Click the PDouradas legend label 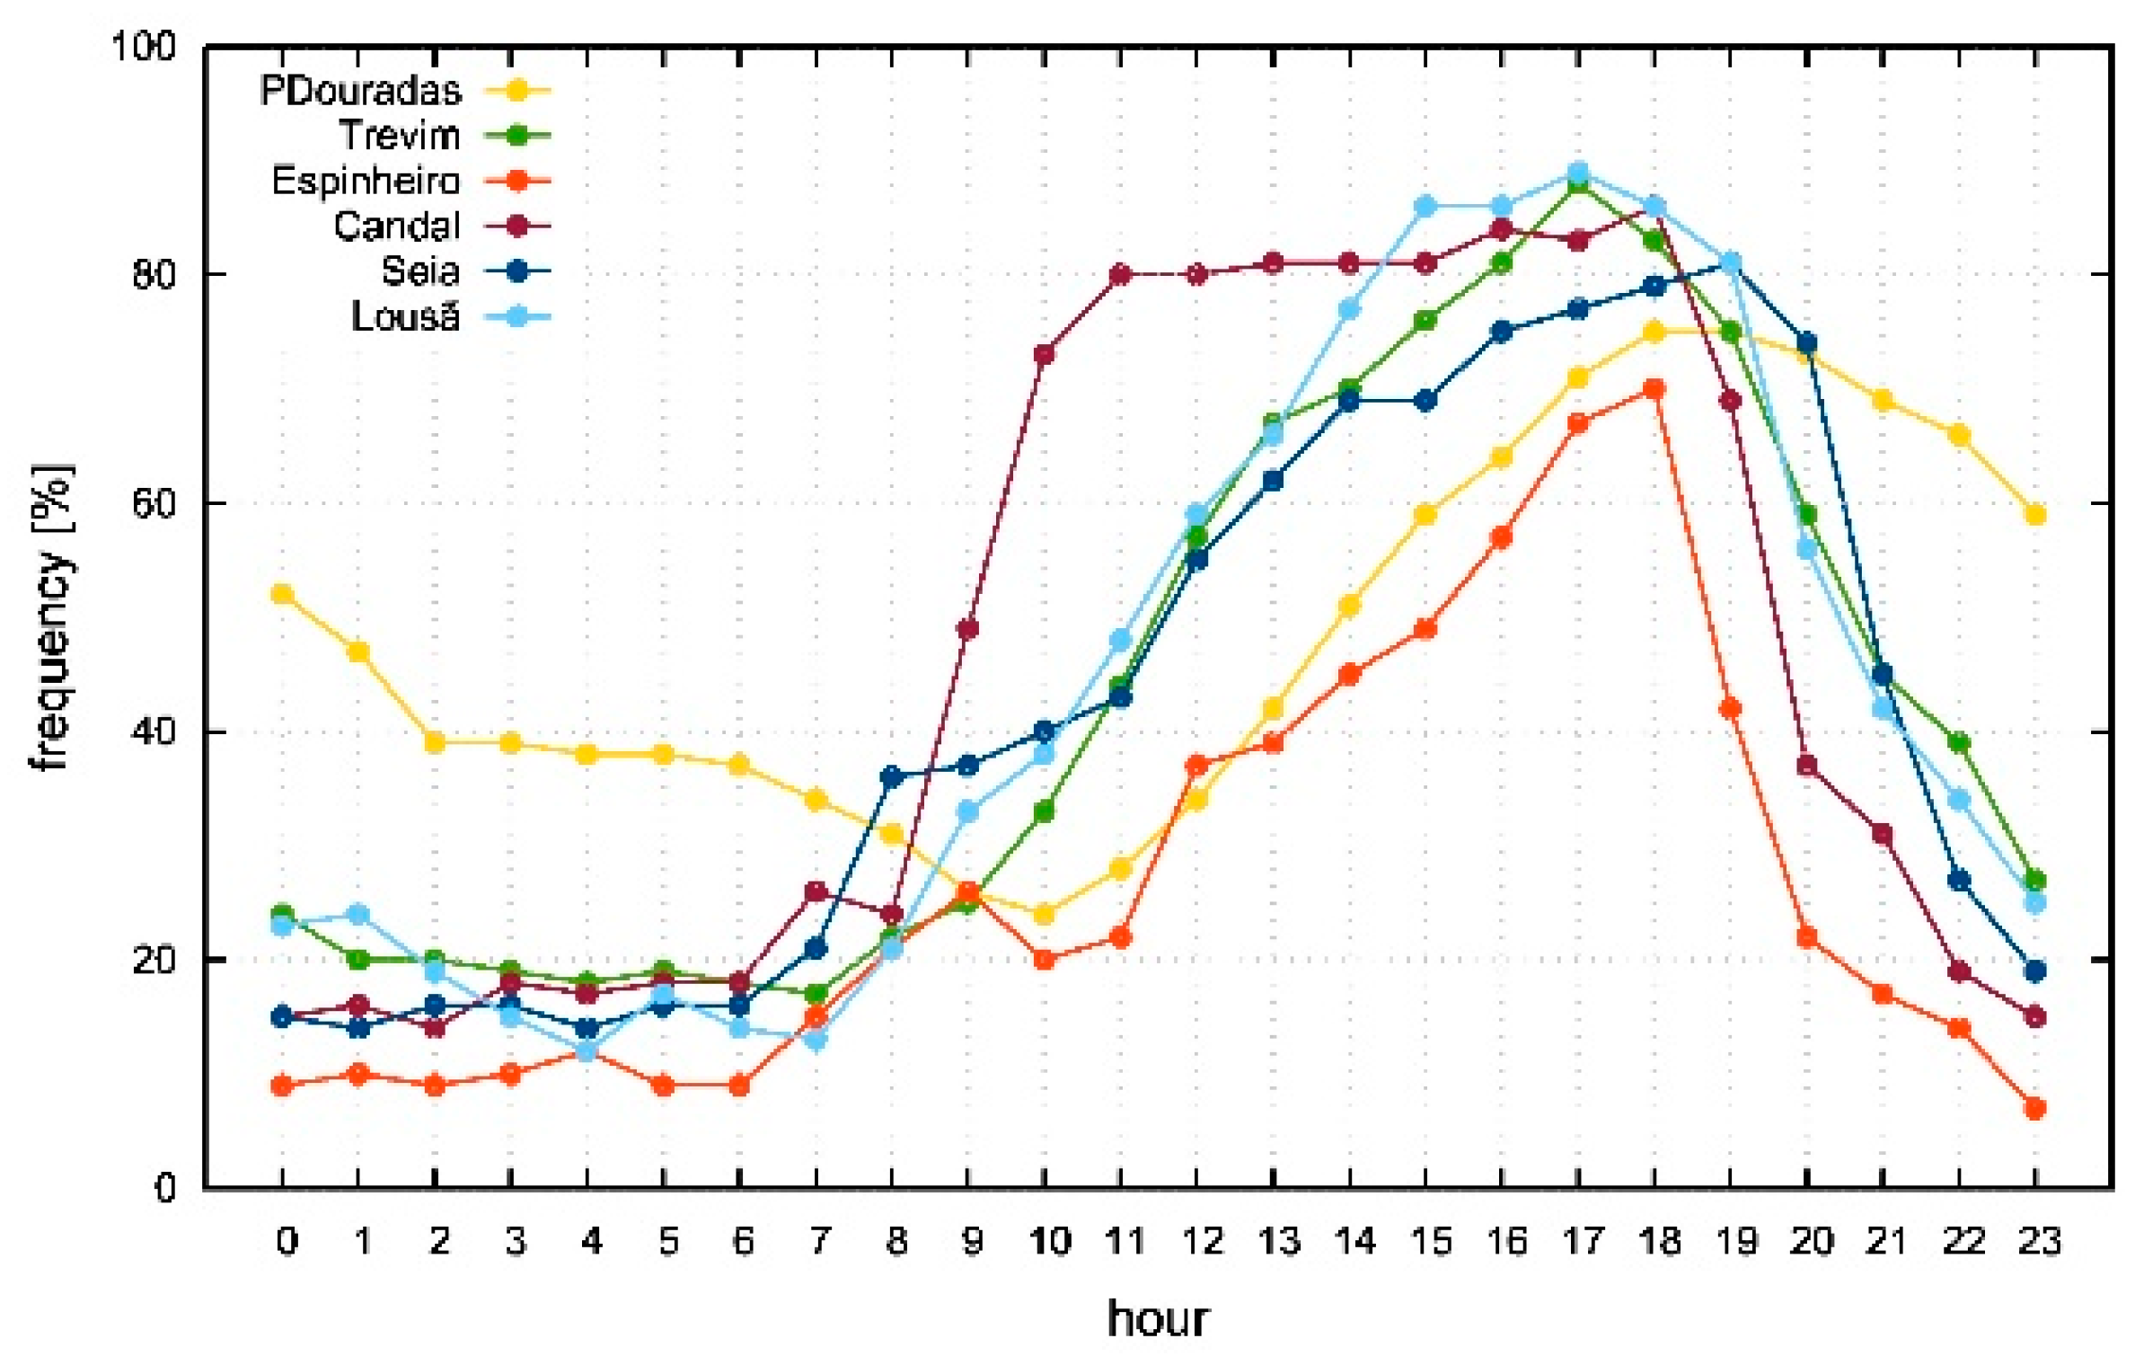[360, 91]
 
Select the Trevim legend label [400, 136]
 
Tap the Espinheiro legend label [366, 182]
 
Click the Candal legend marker [517, 226]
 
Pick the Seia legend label [420, 271]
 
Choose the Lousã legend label [405, 317]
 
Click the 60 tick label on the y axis [153, 503]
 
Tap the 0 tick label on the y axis [164, 1189]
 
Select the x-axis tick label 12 [1202, 1242]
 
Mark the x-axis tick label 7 [818, 1242]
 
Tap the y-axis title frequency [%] [52, 617]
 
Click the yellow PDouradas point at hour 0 [282, 595]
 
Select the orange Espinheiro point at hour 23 [2035, 1109]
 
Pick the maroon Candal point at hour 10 [1044, 354]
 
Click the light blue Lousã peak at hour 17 [1578, 172]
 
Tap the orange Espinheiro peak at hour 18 [1654, 389]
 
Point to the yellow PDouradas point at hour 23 [2035, 515]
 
